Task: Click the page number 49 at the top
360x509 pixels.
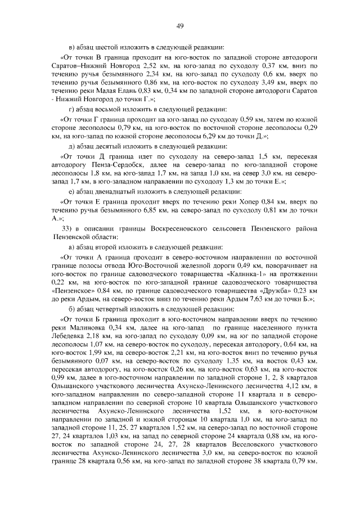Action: point(180,25)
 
